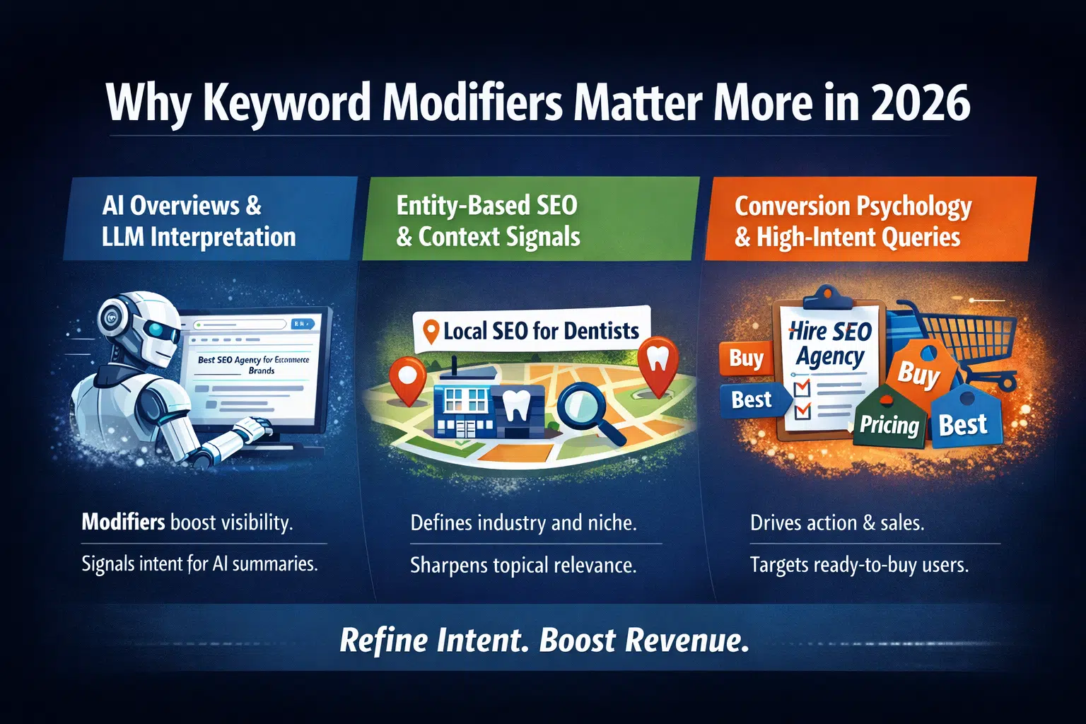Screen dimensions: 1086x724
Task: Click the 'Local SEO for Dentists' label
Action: click(532, 331)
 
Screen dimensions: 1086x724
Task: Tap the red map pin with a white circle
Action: click(407, 379)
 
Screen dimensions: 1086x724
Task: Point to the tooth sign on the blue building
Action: click(515, 405)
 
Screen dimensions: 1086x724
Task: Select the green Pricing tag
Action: click(889, 420)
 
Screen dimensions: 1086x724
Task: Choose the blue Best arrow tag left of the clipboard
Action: click(754, 400)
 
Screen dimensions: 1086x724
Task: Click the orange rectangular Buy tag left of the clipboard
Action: click(746, 358)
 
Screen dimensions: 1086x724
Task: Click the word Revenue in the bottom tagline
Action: click(687, 640)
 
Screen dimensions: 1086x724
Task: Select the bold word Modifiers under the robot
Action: click(123, 522)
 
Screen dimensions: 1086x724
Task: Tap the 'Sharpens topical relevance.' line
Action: click(523, 566)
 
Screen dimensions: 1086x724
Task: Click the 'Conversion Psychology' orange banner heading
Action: click(853, 206)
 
